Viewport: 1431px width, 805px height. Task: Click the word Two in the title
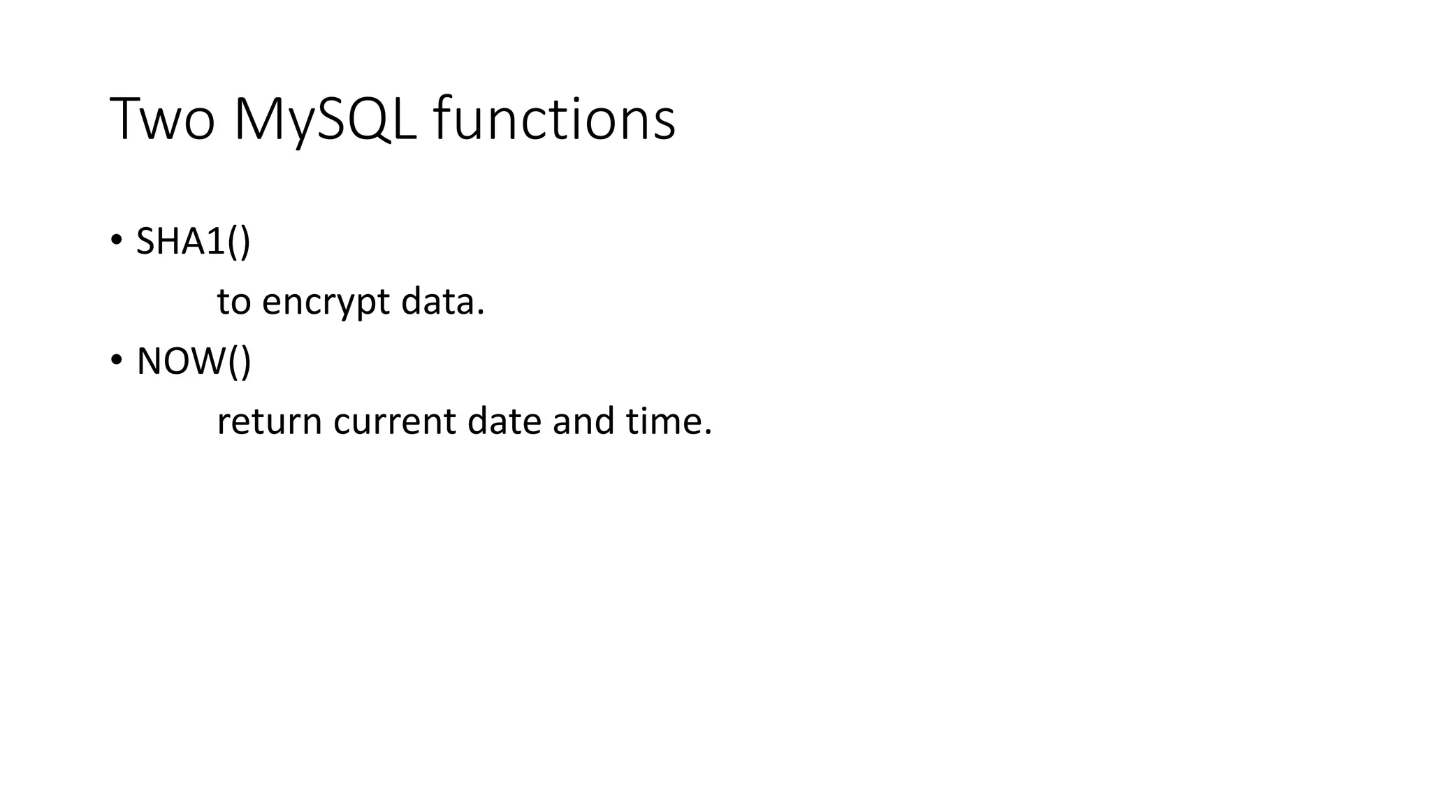coord(162,119)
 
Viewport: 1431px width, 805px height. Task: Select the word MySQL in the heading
coord(325,119)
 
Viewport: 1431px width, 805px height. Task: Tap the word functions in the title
coord(554,119)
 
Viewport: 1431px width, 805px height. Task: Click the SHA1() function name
coord(193,242)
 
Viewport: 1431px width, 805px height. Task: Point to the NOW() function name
coord(194,361)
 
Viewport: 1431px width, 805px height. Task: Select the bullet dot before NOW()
coord(116,361)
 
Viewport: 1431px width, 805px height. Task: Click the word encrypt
coord(326,303)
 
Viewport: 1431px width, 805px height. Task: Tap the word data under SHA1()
coord(438,302)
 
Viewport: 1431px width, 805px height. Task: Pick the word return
coord(269,422)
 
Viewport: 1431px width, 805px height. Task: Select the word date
coord(504,421)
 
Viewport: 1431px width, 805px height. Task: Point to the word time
coord(663,421)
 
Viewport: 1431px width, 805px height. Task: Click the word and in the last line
coord(583,421)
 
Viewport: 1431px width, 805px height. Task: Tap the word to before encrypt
coord(233,303)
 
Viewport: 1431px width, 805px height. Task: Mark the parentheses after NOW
coord(239,362)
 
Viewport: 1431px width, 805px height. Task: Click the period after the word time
coord(708,433)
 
